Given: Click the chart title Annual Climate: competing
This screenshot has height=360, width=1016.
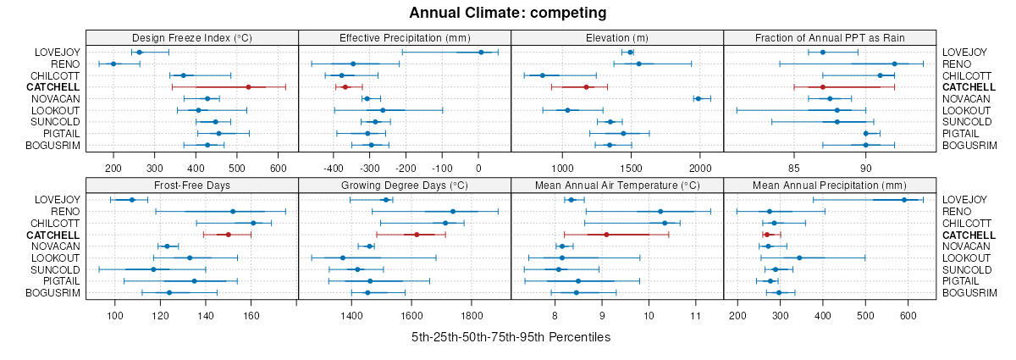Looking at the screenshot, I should coord(508,13).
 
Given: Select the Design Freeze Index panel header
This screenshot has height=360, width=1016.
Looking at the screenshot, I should coord(192,37).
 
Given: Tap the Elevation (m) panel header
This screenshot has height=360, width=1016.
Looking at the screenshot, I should coord(617,37).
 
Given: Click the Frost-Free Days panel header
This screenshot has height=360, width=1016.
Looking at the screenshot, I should coord(192,184).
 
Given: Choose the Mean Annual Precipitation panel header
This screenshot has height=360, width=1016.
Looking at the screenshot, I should coord(830,184).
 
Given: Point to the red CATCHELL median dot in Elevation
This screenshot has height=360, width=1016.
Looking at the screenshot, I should coord(586,87).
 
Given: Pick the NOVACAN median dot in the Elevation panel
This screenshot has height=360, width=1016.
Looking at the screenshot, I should coord(698,99).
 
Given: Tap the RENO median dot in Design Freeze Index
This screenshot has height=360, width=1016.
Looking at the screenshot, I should coord(113,64).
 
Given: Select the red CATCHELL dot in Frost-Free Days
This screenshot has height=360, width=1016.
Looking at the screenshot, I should coord(228,235).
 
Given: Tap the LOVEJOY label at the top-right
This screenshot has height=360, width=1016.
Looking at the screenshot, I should coord(964,53).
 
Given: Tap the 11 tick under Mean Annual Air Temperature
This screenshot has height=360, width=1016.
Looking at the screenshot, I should coord(695,315).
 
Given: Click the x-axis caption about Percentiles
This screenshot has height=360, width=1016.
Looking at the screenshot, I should coord(511,337).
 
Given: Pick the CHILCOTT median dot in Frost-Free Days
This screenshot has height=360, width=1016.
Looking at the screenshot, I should coord(253,223).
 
